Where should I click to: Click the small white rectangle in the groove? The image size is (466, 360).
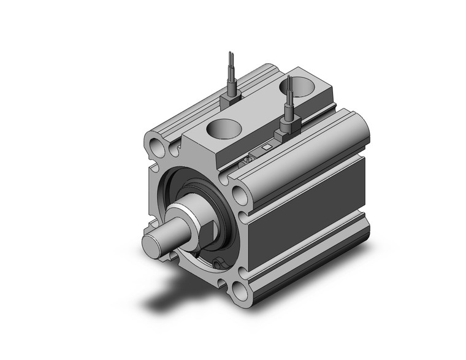265,147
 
